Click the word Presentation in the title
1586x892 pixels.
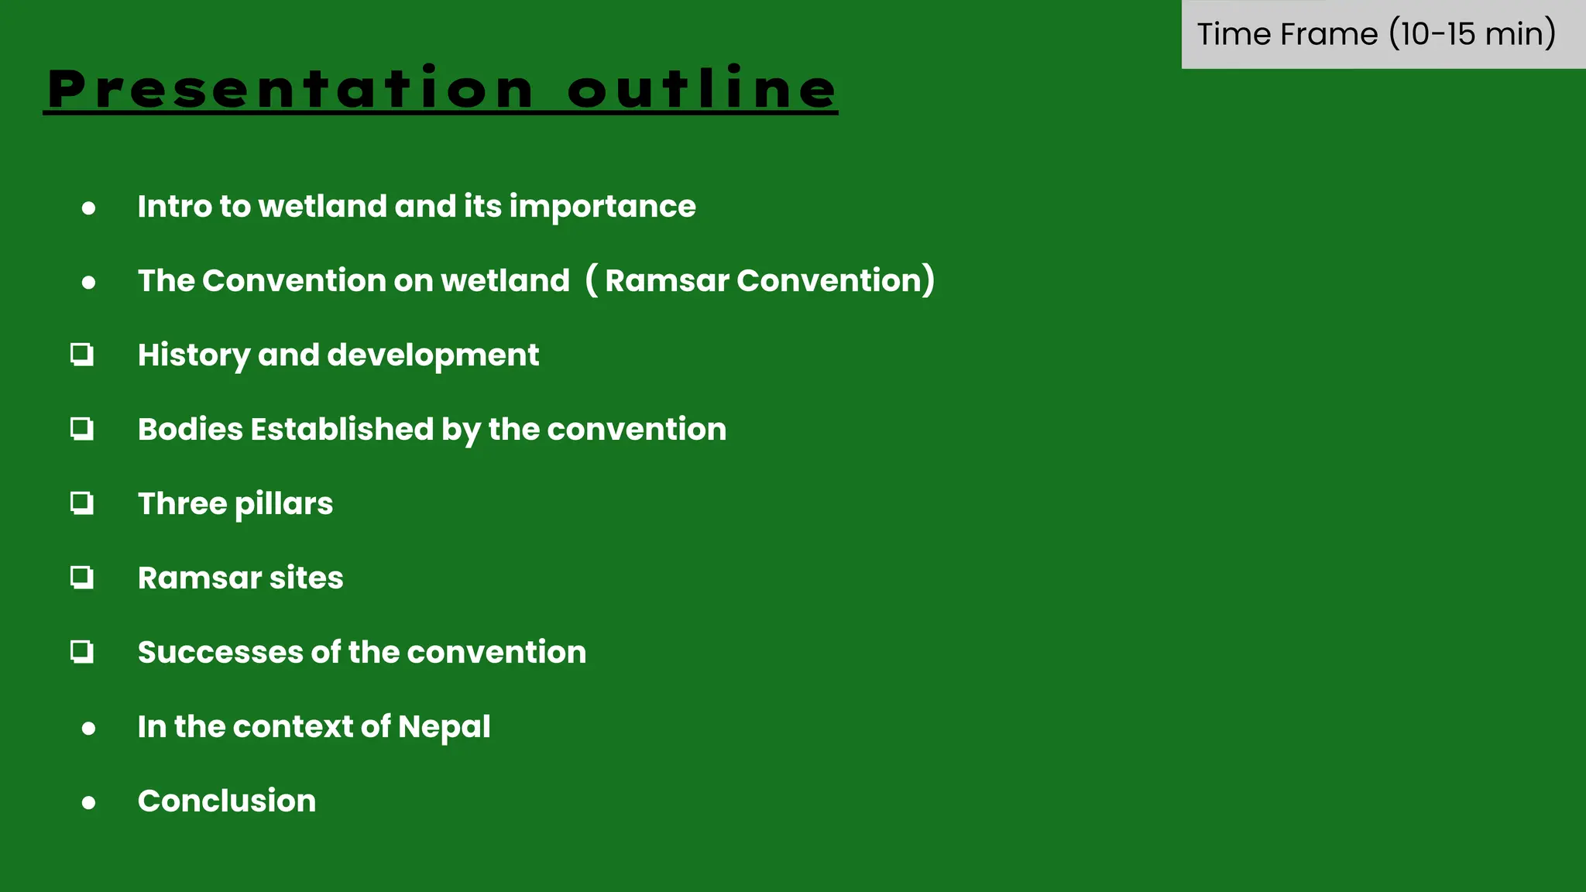point(290,88)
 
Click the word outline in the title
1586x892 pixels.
point(702,88)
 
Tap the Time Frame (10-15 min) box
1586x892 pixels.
point(1376,34)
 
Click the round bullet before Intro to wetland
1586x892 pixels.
point(89,208)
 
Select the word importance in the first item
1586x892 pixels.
point(602,207)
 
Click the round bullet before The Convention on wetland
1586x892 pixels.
point(89,282)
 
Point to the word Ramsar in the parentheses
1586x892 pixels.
point(667,280)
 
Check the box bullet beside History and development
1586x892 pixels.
point(82,355)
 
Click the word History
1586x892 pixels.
point(194,355)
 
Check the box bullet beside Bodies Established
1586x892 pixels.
point(82,429)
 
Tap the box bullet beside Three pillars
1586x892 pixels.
point(82,503)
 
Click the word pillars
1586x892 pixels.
point(283,504)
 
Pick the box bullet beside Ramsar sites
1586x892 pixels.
point(82,578)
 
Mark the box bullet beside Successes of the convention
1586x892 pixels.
point(82,652)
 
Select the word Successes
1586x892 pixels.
point(220,652)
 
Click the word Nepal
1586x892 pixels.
point(444,727)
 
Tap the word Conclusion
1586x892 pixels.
point(226,801)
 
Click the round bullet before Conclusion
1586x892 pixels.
point(89,802)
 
